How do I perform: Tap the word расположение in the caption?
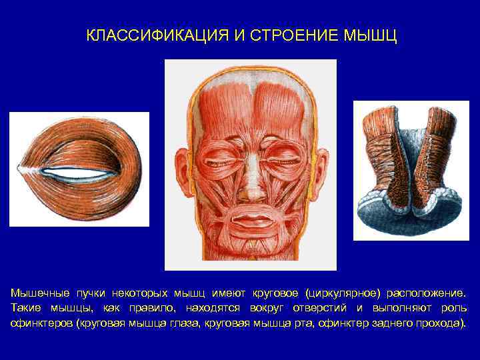pos(425,293)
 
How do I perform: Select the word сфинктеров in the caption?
pos(41,323)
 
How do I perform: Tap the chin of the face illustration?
pos(250,245)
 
